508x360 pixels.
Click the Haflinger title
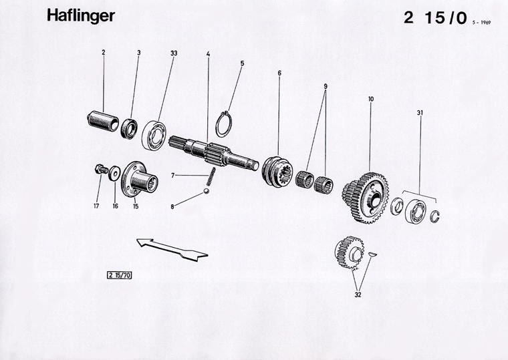point(80,17)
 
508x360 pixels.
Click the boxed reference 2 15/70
point(120,274)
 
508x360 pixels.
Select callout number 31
point(420,113)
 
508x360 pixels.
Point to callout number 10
point(371,99)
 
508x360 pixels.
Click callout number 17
point(96,206)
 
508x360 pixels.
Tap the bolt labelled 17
point(100,170)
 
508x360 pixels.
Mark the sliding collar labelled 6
point(279,172)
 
